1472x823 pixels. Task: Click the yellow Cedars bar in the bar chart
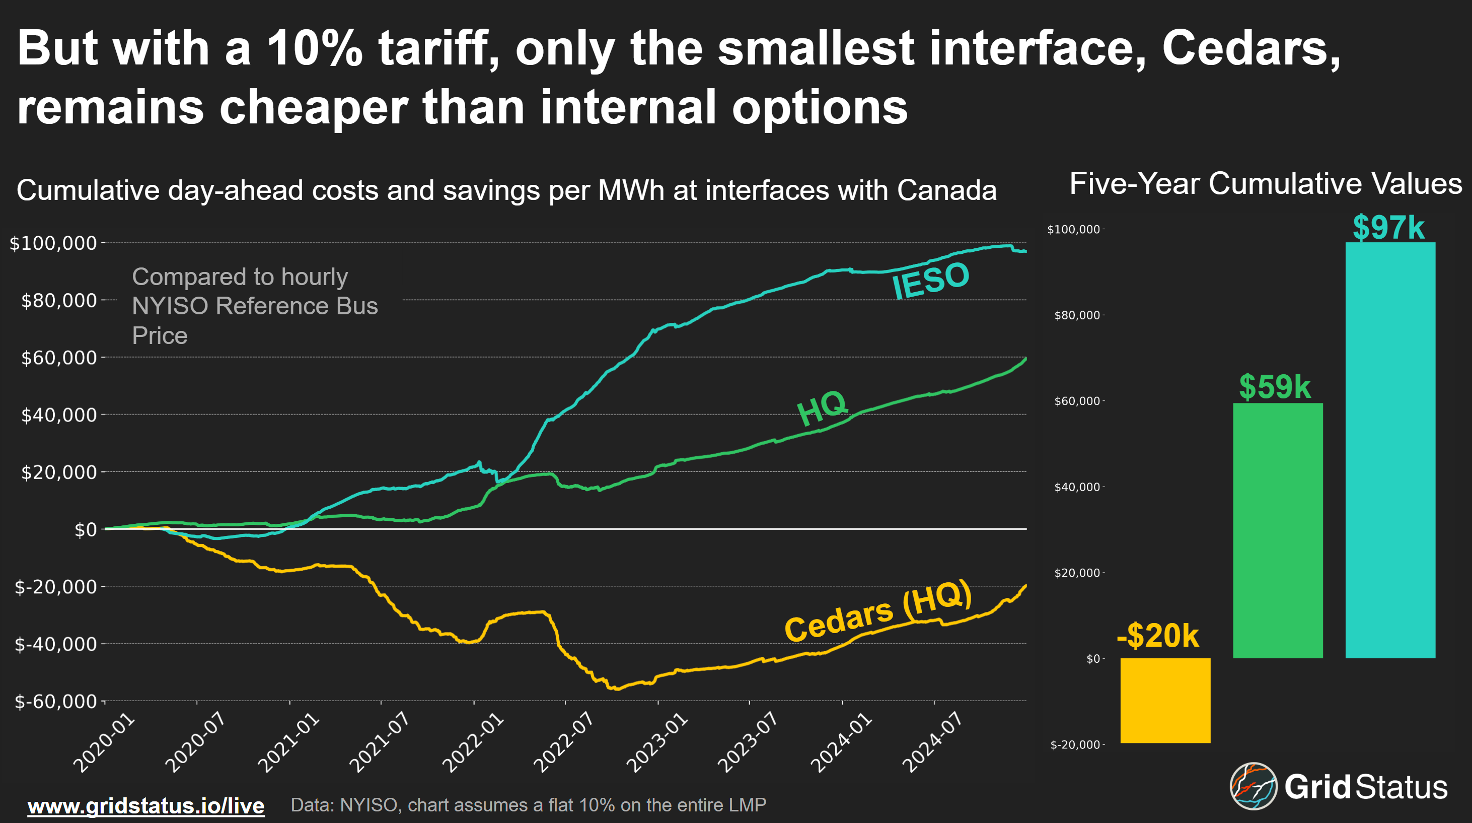1164,700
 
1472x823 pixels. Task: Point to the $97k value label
1388,228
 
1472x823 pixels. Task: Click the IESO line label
930,280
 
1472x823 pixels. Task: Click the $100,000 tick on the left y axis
53,243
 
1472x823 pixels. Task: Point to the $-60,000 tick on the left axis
55,701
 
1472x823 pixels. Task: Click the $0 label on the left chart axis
86,530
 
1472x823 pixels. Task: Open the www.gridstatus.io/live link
145,806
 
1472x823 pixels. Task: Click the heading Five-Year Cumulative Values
1265,184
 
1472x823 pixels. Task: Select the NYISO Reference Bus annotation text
254,306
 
